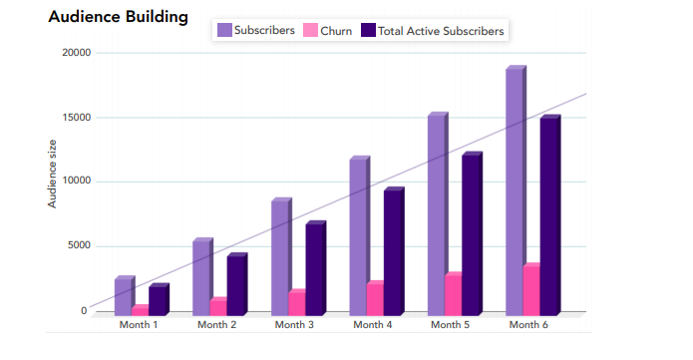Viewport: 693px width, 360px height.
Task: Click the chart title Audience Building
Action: pos(118,17)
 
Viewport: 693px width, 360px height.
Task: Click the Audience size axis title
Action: pos(53,175)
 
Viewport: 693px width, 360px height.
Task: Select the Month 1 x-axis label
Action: pos(139,325)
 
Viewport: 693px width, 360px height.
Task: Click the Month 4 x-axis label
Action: pos(373,325)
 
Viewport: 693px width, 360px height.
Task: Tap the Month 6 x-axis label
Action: pos(528,325)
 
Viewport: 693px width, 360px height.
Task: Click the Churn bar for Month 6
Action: pos(531,290)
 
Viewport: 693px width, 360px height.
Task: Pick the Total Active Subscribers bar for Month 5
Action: pos(471,234)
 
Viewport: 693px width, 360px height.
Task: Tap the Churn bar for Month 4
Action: pos(375,298)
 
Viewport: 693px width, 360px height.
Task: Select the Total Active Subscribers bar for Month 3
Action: pos(314,268)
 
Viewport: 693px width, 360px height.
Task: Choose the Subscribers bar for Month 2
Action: pos(201,277)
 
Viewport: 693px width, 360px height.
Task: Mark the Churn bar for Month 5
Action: pos(453,294)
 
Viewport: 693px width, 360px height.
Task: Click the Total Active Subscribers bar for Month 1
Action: pos(158,300)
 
